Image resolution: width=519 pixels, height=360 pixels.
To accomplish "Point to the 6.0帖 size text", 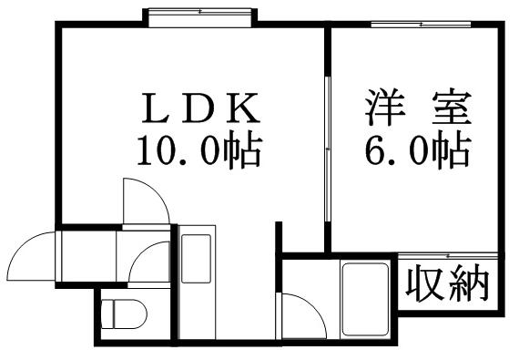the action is [419, 149].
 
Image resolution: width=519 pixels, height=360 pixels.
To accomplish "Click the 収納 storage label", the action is [447, 284].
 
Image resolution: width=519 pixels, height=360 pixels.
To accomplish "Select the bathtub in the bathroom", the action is [365, 298].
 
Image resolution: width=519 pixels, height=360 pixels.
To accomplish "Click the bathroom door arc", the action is [302, 314].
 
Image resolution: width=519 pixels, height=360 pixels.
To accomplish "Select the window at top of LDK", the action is [200, 13].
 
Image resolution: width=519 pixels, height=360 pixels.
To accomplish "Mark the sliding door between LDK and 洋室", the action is [327, 150].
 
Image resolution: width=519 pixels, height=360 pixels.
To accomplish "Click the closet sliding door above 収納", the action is [447, 255].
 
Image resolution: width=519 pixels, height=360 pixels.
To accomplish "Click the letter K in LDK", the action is [244, 110].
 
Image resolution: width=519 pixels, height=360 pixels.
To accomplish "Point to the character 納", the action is [469, 284].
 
